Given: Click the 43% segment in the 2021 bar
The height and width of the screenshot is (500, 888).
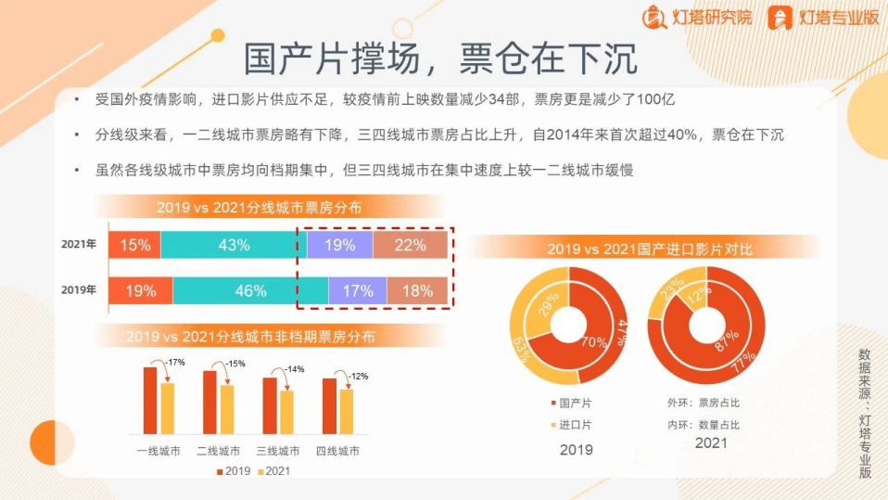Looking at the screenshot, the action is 234,245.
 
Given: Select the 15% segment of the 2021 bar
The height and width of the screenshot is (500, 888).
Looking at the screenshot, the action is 134,245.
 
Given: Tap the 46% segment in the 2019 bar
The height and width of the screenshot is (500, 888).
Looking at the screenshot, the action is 250,291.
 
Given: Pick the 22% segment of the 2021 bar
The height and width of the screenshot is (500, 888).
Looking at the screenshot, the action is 411,245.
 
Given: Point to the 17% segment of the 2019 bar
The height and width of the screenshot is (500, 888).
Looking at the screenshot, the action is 358,291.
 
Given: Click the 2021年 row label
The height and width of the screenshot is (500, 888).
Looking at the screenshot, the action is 79,244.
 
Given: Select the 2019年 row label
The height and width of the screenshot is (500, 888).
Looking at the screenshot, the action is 79,290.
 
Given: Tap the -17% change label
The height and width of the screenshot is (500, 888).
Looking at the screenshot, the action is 175,362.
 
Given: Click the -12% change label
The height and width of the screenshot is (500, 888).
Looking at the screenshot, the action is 358,376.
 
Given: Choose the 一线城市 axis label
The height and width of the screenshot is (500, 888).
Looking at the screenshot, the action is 159,451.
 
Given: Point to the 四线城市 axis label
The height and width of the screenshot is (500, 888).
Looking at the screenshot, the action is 337,451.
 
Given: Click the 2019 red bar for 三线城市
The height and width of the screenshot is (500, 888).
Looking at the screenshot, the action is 270,406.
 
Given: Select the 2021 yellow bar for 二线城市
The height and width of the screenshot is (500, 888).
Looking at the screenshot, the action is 227,410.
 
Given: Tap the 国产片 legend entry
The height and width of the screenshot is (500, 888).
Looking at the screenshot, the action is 571,403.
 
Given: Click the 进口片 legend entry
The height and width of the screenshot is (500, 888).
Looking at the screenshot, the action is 571,425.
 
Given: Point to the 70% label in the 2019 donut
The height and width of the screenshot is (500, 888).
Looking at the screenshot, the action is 594,341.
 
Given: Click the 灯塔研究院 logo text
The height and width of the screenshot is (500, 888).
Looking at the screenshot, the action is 712,18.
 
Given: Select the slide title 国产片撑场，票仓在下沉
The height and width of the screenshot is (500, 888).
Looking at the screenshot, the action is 440,58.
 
